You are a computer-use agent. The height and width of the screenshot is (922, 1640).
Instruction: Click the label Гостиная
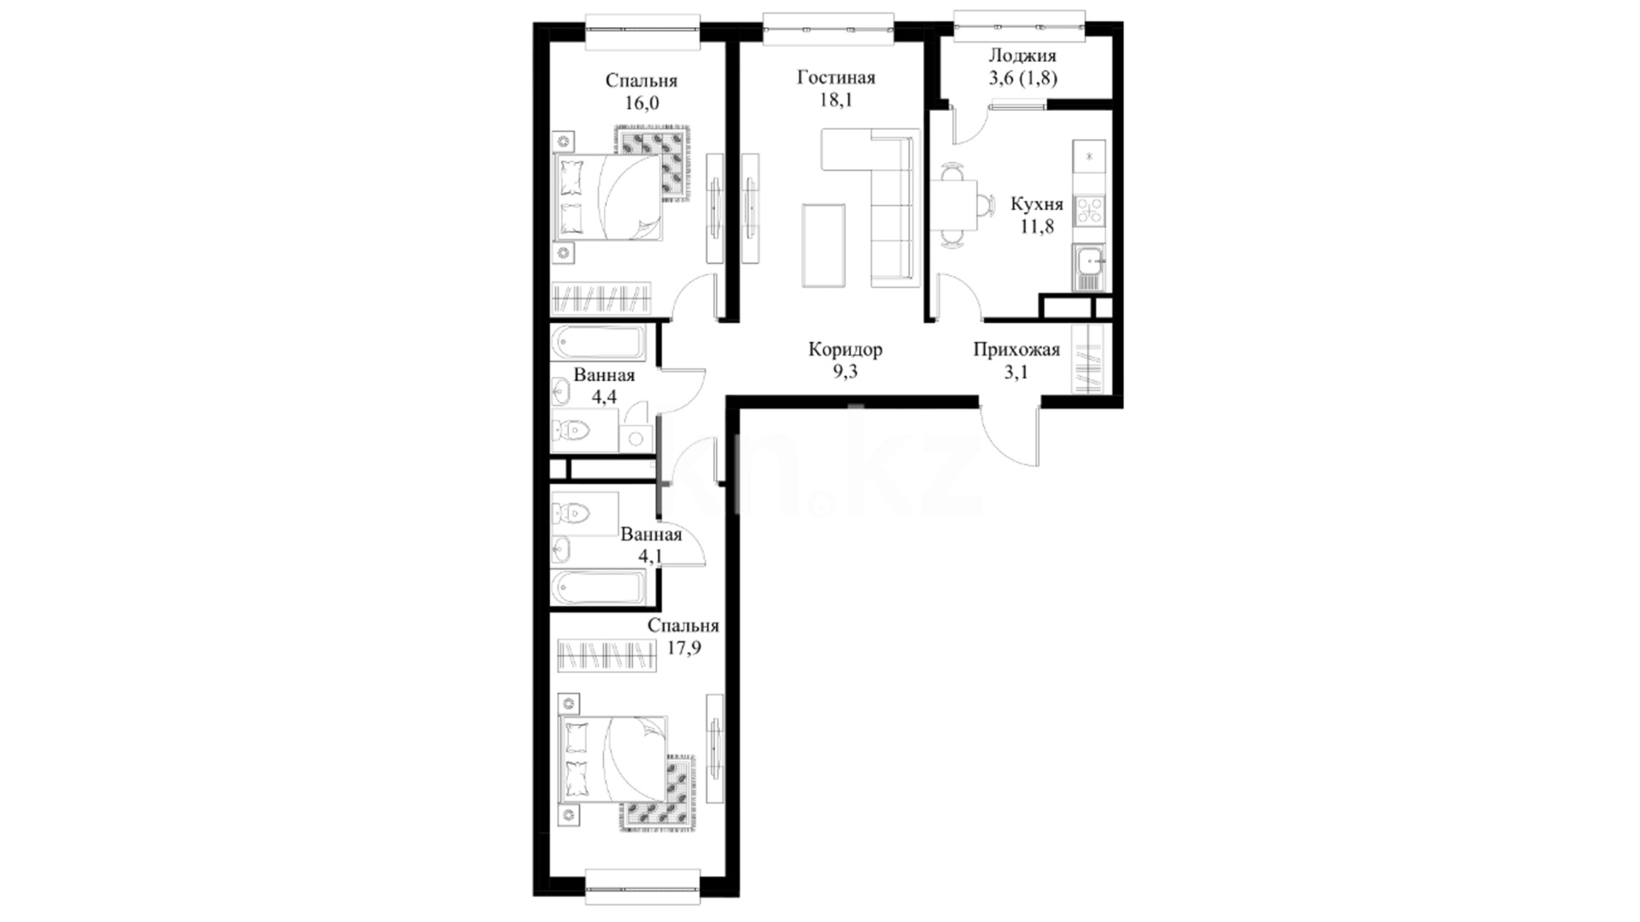coord(835,78)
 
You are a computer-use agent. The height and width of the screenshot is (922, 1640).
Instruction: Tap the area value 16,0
coord(641,103)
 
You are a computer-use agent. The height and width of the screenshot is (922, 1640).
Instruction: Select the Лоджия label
coord(1022,56)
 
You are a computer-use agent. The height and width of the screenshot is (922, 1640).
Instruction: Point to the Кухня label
coord(1036,205)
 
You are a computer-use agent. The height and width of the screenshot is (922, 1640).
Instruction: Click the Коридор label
coord(845,349)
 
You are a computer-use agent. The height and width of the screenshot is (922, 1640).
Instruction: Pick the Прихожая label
coord(1016,349)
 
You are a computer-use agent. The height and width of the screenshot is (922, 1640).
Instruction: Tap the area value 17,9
coord(683,648)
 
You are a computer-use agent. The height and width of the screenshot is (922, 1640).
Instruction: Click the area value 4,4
coord(604,397)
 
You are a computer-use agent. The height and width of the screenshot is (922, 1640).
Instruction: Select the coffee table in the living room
coord(823,246)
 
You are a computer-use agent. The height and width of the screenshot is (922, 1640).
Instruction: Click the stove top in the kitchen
coord(1089,210)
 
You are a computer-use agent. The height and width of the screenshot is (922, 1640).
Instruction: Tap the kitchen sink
coord(1089,267)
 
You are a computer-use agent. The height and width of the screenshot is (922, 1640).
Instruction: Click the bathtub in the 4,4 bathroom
coord(598,344)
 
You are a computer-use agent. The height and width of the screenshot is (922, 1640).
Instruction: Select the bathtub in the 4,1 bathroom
coord(598,587)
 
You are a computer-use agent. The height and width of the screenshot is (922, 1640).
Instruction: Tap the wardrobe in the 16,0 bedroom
coord(602,298)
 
